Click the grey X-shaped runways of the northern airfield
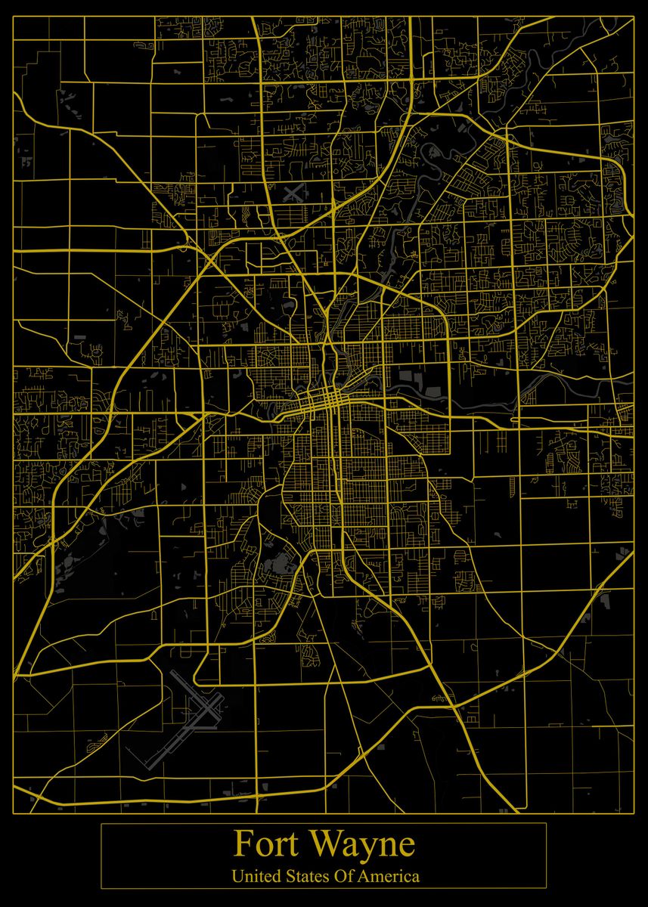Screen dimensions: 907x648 [x=293, y=192]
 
